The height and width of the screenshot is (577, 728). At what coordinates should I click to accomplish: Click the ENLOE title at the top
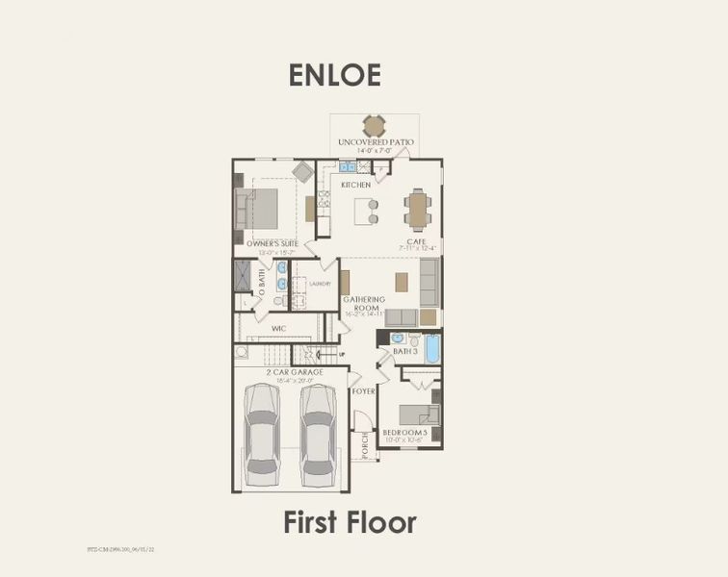[x=334, y=75]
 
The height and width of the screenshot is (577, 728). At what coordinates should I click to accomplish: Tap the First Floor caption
[x=350, y=522]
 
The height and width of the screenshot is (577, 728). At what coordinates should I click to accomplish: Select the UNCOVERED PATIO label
[x=376, y=142]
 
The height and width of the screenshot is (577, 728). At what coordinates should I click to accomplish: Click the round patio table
[x=375, y=126]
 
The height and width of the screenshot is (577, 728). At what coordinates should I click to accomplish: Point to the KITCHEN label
[x=355, y=185]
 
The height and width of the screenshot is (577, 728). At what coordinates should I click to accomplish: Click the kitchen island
[x=366, y=210]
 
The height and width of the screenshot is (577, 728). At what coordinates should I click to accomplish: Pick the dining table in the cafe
[x=418, y=209]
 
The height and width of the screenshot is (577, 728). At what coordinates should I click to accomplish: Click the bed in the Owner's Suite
[x=258, y=208]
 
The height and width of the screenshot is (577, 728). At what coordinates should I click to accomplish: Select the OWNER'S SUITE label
[x=273, y=243]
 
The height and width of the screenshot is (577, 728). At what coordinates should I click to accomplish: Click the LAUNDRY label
[x=321, y=284]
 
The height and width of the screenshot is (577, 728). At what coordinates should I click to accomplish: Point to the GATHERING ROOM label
[x=364, y=304]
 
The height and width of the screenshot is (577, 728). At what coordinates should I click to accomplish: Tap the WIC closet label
[x=279, y=328]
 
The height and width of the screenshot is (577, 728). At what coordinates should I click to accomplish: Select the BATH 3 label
[x=404, y=352]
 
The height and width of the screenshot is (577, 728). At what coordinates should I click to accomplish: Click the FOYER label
[x=363, y=391]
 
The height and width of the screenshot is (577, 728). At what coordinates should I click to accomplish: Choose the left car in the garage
[x=263, y=433]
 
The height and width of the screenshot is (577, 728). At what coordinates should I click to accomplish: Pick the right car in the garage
[x=317, y=433]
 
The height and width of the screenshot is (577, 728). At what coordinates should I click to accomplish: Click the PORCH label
[x=365, y=443]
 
